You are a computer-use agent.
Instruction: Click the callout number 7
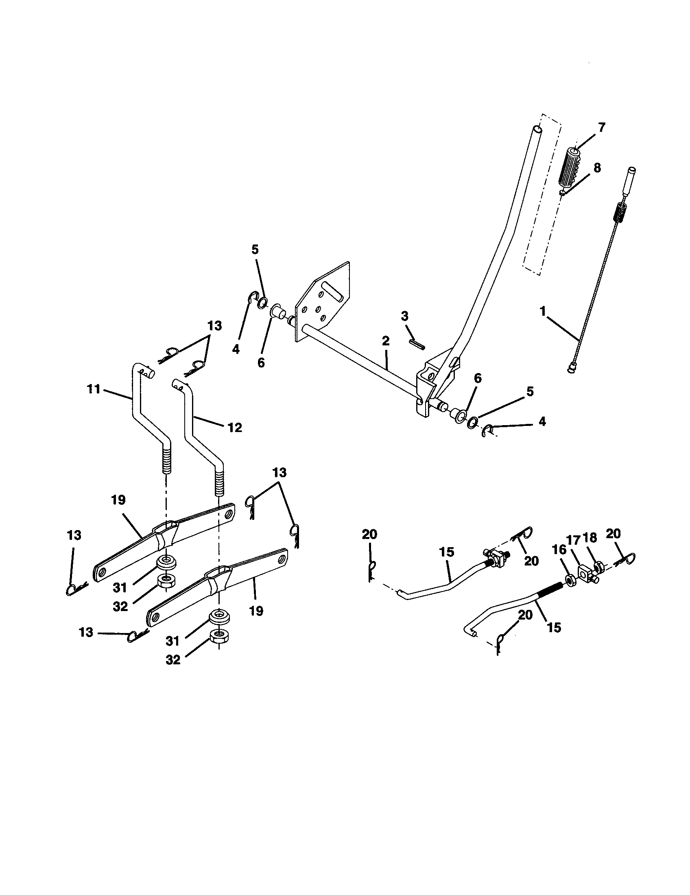point(601,127)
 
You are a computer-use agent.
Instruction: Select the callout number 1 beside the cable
point(543,312)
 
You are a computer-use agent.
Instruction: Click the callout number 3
point(404,316)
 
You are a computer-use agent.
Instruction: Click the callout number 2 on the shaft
point(386,341)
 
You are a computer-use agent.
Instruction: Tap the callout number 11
point(94,389)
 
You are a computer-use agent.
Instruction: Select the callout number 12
point(235,428)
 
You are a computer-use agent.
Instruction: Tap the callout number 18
point(590,538)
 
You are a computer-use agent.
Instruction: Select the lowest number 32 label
point(173,660)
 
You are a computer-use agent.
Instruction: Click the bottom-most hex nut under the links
point(219,636)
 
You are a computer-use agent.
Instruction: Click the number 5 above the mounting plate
point(255,250)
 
